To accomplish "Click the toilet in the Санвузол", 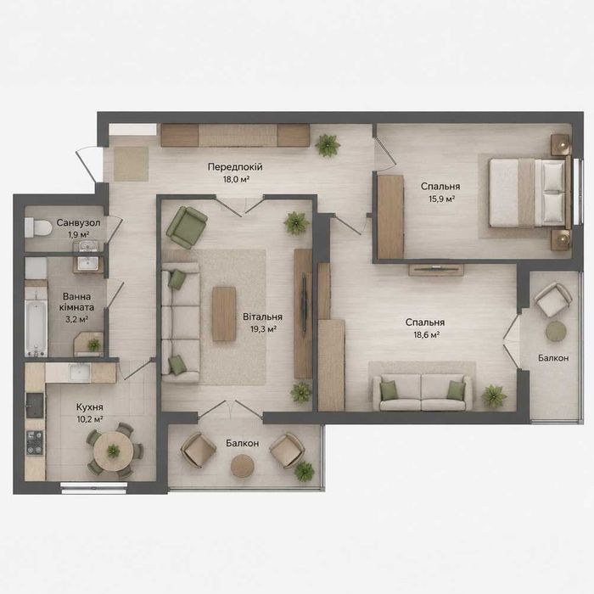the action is click(38, 227).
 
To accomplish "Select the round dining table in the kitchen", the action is click(113, 451).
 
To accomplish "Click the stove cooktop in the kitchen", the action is click(34, 442).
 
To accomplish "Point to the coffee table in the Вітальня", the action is click(224, 314).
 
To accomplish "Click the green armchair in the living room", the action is click(187, 227).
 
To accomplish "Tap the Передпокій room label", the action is click(235, 166).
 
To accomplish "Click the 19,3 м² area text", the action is click(263, 329).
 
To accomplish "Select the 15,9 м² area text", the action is click(441, 199).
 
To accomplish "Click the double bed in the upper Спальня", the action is click(530, 193).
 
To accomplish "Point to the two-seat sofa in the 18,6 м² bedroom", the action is click(423, 392).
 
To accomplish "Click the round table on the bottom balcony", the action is click(242, 466).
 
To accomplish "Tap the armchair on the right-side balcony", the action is click(552, 300).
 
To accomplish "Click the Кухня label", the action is click(89, 407).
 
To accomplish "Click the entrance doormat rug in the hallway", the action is click(131, 164).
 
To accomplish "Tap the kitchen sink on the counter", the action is click(80, 372).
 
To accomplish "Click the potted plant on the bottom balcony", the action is click(304, 471).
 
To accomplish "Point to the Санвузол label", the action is click(78, 222).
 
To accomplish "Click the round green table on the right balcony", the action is click(556, 332).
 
